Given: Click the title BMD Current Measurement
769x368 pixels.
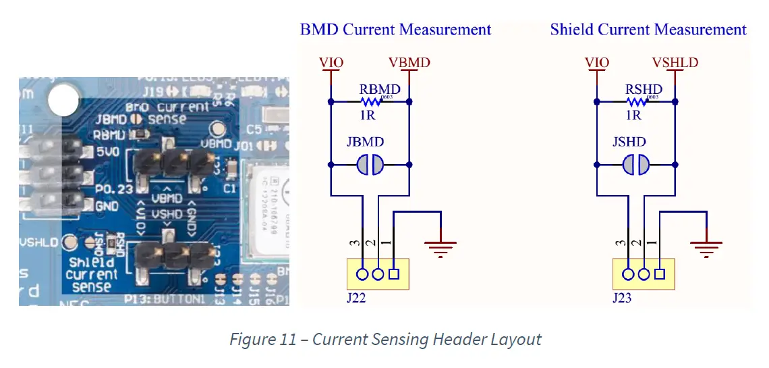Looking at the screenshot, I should [395, 30].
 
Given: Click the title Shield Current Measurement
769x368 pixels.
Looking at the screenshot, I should [648, 30].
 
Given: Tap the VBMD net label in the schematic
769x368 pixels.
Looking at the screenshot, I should [409, 63].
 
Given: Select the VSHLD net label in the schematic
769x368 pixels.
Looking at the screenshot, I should [675, 63].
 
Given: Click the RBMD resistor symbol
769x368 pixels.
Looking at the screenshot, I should [370, 102].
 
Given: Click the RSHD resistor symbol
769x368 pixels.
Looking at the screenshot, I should [635, 102].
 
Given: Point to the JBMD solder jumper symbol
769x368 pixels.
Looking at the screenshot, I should [370, 164].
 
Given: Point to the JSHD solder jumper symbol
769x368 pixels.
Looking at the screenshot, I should [635, 164].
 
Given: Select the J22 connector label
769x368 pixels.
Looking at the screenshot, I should [356, 297].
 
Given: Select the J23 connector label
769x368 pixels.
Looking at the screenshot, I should [622, 297].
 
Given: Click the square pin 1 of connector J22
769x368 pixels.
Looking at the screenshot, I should [394, 274].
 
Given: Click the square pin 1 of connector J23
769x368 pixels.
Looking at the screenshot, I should [660, 274].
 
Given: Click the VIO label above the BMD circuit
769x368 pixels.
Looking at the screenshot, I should [331, 63].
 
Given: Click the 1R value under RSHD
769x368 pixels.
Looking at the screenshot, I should [633, 115].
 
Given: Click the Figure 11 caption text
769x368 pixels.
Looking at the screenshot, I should [385, 339].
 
